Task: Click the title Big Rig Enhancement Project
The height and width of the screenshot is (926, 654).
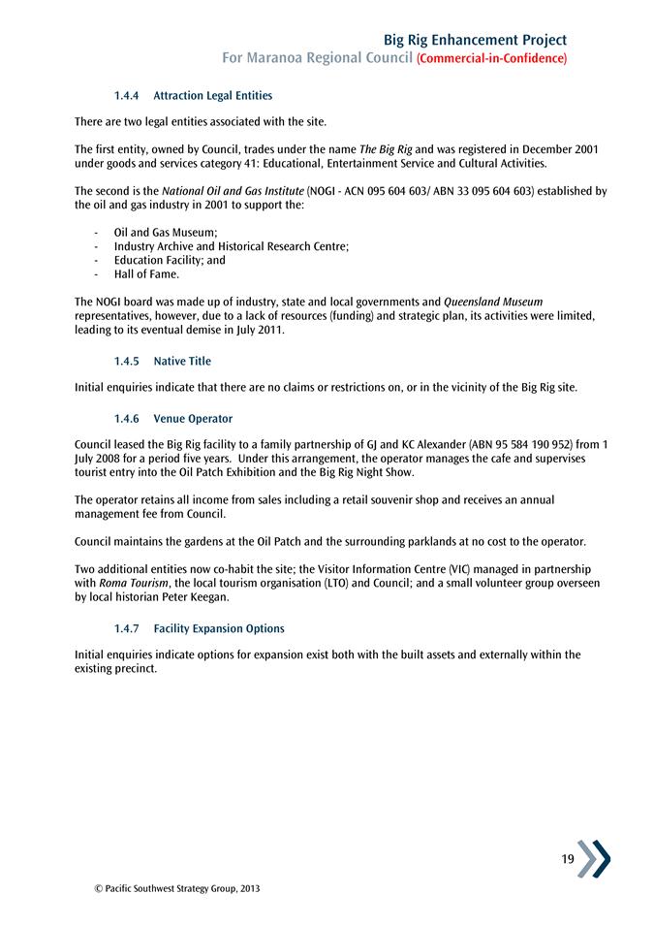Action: (475, 40)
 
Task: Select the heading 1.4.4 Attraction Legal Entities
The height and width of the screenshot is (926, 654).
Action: (193, 96)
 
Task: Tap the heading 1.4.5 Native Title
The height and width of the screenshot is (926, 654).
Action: (162, 362)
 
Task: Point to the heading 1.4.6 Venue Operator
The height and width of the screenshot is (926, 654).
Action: (172, 419)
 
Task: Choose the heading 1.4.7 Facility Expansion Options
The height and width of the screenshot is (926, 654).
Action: (199, 629)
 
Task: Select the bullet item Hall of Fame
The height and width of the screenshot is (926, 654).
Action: (146, 274)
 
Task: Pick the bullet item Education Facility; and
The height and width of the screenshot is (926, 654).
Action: (170, 261)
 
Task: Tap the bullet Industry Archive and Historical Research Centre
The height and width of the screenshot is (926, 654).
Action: (231, 247)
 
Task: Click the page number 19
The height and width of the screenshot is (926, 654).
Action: (568, 859)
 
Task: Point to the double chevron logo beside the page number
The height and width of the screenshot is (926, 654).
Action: (594, 859)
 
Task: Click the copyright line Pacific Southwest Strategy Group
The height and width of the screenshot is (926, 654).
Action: (171, 888)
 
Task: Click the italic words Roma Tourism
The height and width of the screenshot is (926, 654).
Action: (133, 585)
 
